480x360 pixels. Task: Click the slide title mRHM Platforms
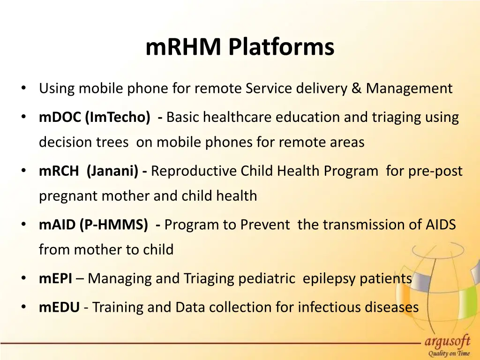[240, 47]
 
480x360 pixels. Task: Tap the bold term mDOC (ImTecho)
[95, 117]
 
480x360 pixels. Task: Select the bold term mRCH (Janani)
[88, 171]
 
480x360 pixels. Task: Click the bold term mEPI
[55, 279]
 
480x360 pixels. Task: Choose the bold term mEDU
[59, 307]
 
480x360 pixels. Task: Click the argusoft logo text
[447, 341]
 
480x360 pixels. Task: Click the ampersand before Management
[357, 88]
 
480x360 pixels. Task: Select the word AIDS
[440, 225]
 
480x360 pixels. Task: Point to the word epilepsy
[329, 279]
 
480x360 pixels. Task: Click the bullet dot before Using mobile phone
[23, 88]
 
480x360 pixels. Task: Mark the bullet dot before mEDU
[23, 307]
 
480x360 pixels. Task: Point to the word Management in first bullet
[409, 88]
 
